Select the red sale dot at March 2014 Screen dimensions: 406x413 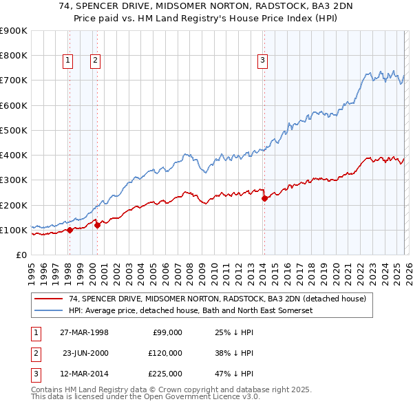click(x=264, y=199)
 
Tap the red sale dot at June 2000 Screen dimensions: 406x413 click(x=98, y=225)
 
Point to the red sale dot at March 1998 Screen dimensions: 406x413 click(x=70, y=231)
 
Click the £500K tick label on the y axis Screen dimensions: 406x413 click(x=13, y=130)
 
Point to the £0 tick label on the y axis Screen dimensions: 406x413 click(x=21, y=255)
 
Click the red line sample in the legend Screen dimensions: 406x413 click(x=49, y=299)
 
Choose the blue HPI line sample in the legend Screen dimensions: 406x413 click(x=49, y=310)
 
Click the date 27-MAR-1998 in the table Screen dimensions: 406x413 click(x=84, y=332)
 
